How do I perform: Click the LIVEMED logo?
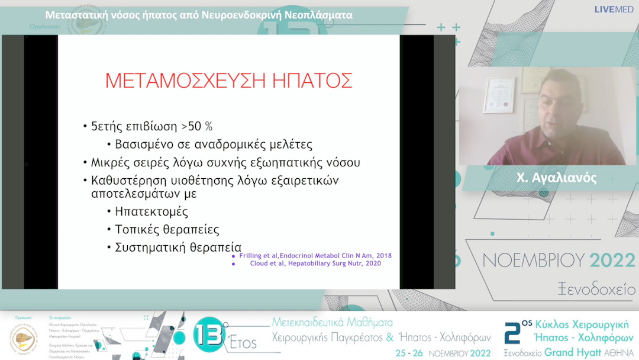point(614,9)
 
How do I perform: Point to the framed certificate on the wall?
point(498,95)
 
